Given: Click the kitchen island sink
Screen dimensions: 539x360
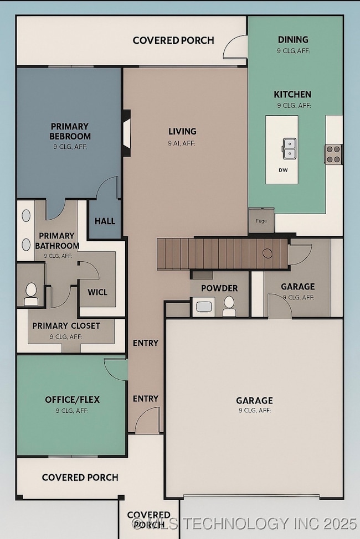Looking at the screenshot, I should [289, 148].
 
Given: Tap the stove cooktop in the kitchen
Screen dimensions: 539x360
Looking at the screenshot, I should [333, 154].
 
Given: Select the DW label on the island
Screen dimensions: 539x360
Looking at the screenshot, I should [283, 170].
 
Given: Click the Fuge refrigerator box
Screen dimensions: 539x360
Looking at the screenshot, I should [261, 221].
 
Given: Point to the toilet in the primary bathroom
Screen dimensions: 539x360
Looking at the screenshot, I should [31, 294].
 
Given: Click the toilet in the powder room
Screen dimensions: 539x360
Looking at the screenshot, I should [229, 306].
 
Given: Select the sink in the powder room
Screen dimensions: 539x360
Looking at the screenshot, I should [204, 306].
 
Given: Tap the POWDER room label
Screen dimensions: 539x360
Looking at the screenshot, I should [219, 288].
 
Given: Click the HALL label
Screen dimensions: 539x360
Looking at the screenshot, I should [105, 221].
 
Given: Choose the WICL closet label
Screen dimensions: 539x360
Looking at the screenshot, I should [97, 292].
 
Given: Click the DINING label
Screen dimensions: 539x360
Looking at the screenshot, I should [293, 40].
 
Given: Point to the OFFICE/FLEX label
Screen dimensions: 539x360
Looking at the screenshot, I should [72, 399].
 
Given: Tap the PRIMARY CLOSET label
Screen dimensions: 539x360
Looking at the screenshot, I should [66, 326].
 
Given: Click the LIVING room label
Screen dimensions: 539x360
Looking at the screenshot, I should [182, 132].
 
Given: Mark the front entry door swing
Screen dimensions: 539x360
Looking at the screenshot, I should [148, 421].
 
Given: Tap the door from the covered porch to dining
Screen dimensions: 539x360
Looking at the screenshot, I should [235, 47].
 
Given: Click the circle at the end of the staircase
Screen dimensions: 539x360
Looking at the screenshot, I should [268, 253].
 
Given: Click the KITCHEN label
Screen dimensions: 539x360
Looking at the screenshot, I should [292, 94].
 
